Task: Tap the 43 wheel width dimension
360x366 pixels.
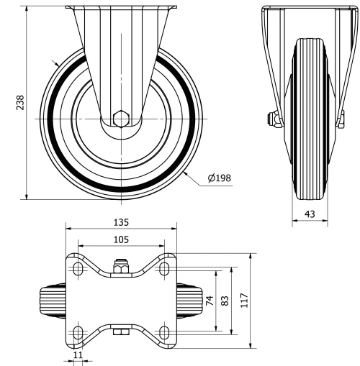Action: [310, 214]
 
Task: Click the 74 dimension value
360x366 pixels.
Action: [210, 302]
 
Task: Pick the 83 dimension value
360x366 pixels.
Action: [225, 302]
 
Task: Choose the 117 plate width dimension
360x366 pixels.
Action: [244, 302]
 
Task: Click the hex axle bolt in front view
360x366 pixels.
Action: [122, 117]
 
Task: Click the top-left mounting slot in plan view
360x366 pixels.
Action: [76, 269]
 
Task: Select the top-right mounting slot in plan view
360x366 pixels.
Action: [165, 269]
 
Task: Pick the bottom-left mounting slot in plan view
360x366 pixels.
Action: [76, 332]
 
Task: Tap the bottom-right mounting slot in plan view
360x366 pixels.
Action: [165, 332]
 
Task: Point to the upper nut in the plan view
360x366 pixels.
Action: [121, 267]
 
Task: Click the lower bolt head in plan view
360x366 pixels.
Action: [121, 331]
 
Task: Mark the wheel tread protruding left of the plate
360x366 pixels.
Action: [52, 301]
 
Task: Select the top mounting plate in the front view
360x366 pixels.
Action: [121, 7]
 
